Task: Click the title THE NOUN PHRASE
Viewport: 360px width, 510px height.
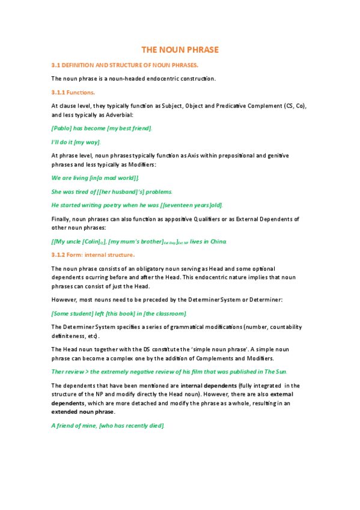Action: [180, 49]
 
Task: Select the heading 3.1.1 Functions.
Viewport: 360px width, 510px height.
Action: [73, 92]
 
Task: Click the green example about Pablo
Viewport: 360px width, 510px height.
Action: [102, 128]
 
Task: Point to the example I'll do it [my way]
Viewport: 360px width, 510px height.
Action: [76, 142]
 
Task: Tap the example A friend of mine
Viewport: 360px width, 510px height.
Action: [108, 425]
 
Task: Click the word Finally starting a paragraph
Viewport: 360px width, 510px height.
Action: [62, 218]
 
